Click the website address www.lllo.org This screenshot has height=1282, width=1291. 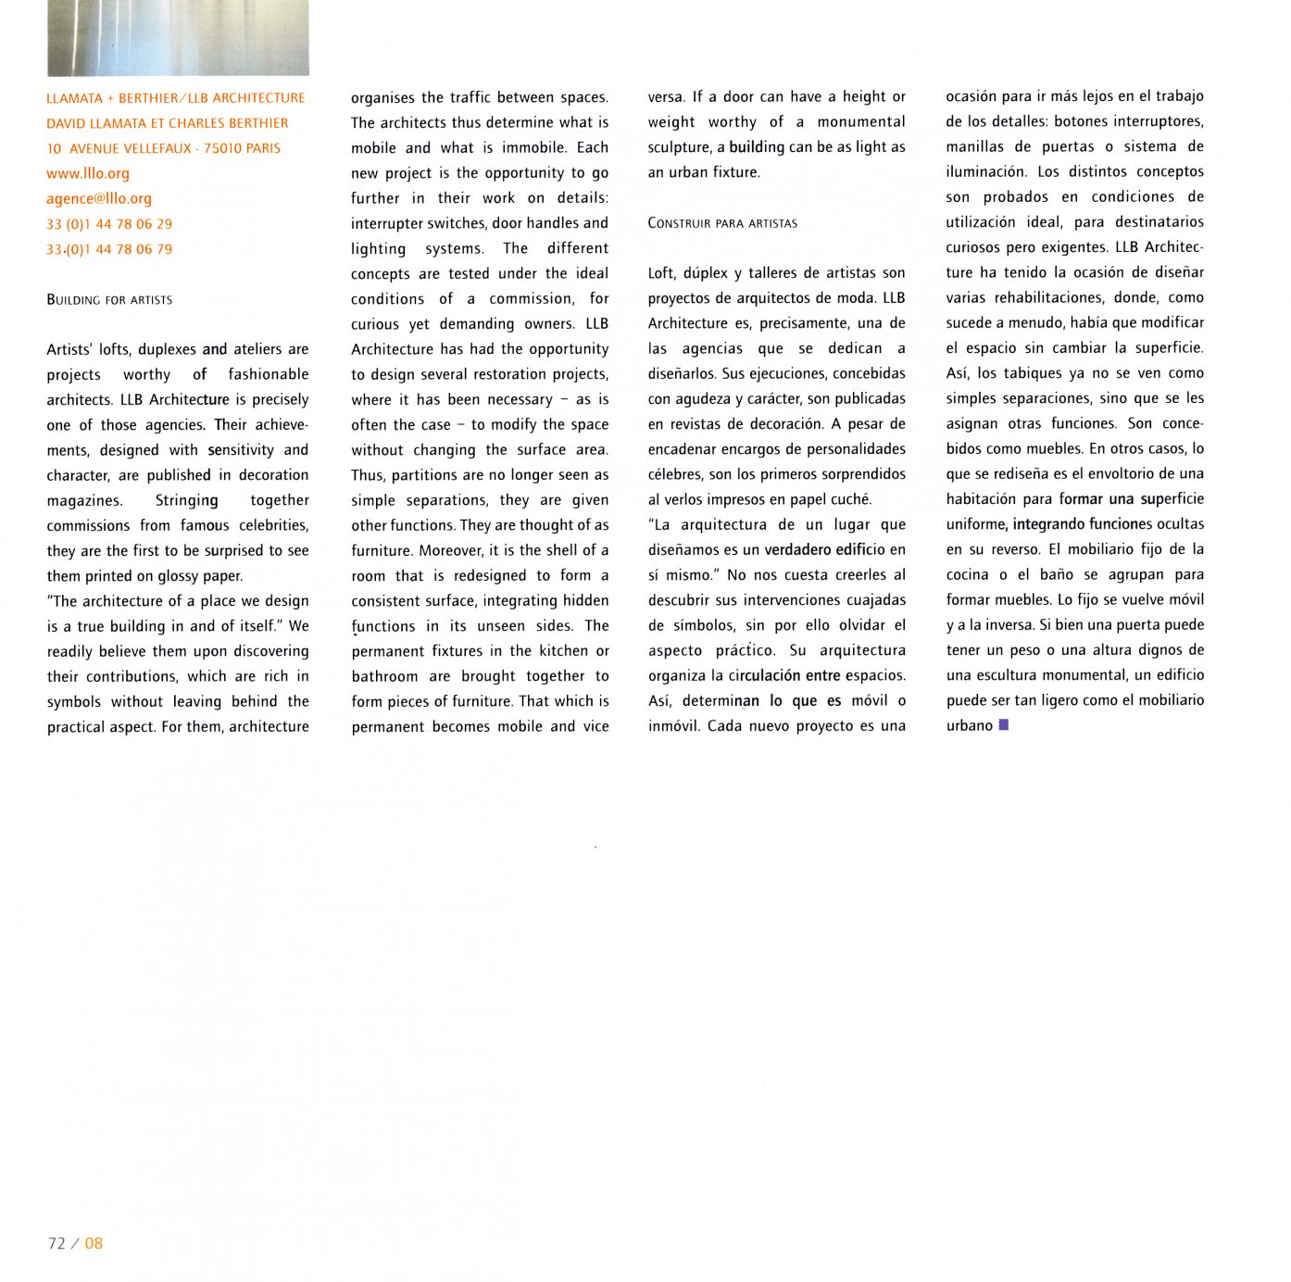pos(88,173)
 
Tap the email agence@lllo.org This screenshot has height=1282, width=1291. pos(99,198)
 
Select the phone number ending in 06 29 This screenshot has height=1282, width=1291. pos(109,224)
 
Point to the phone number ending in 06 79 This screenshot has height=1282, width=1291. pos(109,249)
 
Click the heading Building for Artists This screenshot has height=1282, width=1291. pos(109,300)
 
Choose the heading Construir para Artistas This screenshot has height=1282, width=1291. pos(722,223)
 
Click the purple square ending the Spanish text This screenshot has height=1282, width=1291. pos(1003,725)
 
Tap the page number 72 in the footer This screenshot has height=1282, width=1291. pos(56,1243)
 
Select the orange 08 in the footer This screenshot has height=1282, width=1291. pos(94,1243)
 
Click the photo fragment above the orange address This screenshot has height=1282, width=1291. pos(178,37)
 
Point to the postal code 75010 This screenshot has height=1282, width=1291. pos(222,148)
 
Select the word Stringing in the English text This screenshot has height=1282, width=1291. pos(186,500)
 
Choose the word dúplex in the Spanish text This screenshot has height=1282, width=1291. pos(707,273)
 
